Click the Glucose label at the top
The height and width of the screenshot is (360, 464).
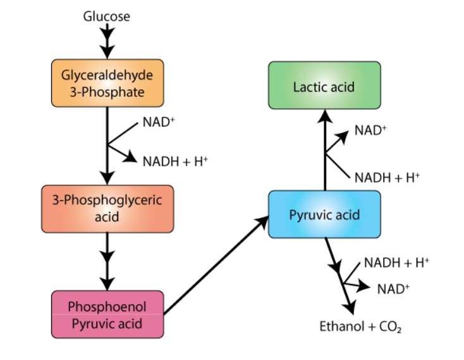(x=107, y=16)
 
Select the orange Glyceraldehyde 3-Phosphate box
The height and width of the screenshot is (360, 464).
(x=107, y=83)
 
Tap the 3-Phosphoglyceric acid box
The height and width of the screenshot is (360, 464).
(x=107, y=209)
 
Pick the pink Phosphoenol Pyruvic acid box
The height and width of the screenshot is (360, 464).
(x=107, y=314)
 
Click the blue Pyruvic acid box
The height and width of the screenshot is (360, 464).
(x=325, y=214)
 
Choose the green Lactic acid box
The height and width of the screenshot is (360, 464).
(x=325, y=85)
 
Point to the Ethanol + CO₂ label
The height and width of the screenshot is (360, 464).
(x=360, y=327)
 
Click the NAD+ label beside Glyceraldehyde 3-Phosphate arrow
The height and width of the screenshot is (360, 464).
(x=159, y=122)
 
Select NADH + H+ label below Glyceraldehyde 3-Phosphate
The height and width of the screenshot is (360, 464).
(x=175, y=161)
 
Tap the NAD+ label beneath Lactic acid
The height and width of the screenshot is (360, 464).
(x=370, y=130)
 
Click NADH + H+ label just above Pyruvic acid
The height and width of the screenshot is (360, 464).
(x=387, y=178)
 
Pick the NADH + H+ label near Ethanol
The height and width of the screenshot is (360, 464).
(x=396, y=263)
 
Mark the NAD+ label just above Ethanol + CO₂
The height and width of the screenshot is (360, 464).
(x=393, y=289)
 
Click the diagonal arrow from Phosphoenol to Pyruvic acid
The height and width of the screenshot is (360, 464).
(x=216, y=265)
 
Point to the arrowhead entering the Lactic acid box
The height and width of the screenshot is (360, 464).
(x=325, y=116)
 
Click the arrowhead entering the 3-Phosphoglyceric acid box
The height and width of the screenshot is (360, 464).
(x=107, y=178)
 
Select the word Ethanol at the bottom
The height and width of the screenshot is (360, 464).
(x=341, y=326)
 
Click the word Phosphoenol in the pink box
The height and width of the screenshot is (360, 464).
(x=107, y=307)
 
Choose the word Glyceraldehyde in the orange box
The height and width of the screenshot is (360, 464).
(x=107, y=75)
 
